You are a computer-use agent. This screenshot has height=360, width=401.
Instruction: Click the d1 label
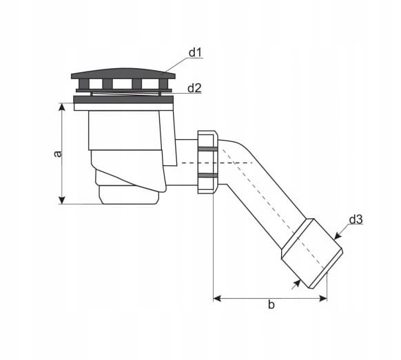click(x=195, y=52)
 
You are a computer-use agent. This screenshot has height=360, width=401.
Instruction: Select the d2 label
click(x=194, y=88)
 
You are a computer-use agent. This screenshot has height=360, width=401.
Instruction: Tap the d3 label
click(x=356, y=220)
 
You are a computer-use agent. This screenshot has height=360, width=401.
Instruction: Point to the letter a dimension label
click(x=59, y=153)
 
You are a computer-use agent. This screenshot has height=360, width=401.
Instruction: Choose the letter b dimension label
click(x=271, y=304)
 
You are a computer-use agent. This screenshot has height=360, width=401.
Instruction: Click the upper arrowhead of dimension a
click(x=61, y=107)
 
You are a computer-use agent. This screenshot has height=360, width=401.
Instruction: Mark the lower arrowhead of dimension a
click(x=62, y=200)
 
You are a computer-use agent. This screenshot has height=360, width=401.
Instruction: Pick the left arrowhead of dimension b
click(x=217, y=298)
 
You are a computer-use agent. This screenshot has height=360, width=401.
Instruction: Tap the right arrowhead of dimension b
click(x=323, y=298)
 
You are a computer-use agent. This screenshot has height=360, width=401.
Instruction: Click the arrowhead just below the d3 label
click(x=338, y=236)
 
